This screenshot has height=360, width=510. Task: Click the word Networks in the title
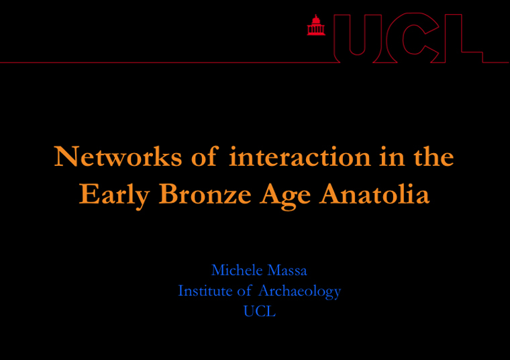117,156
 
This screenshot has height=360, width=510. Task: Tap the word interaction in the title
299,156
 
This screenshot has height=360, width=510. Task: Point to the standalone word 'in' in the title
392,156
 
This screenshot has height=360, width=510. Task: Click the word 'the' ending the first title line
433,156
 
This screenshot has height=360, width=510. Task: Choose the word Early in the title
114,195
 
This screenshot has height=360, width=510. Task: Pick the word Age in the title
285,195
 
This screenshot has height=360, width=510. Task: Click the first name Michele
237,270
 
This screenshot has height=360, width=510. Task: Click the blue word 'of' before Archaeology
244,290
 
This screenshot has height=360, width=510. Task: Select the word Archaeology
299,291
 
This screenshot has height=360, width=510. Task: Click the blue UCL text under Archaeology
260,311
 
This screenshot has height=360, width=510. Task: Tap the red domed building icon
316,25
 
